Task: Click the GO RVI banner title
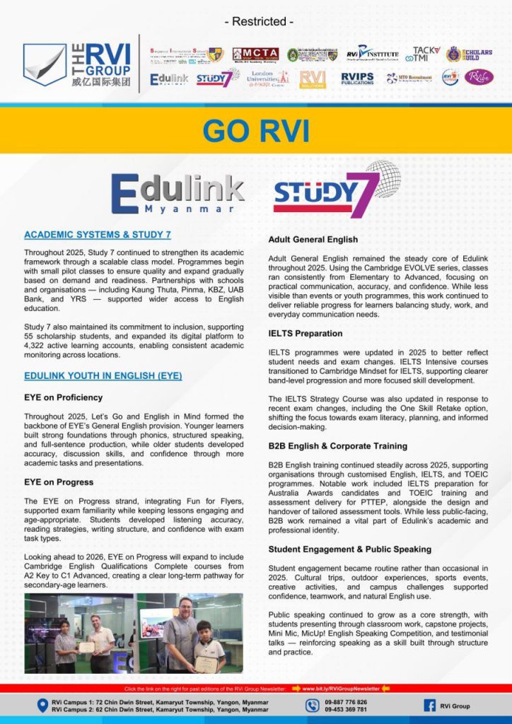[255, 131]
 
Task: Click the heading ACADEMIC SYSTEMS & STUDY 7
[97, 235]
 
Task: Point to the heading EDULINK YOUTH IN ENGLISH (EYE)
[103, 376]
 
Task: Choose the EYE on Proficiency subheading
[63, 397]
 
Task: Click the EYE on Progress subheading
[59, 482]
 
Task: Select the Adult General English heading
[313, 240]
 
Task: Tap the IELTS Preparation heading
[306, 333]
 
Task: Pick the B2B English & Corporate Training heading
[337, 446]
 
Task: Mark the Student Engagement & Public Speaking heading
[349, 549]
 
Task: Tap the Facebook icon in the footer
[429, 706]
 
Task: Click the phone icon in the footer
[313, 706]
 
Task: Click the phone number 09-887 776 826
[346, 702]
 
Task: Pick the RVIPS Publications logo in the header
[358, 78]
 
